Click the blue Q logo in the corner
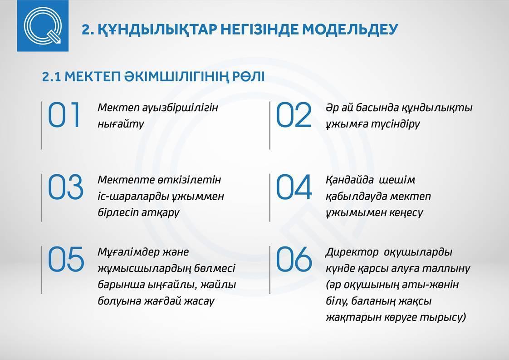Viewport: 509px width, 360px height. tap(43, 26)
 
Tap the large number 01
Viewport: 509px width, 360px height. tap(64, 115)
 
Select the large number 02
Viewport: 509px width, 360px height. tap(294, 115)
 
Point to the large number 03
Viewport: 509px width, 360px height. tap(66, 187)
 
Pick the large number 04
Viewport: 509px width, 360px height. tap(294, 187)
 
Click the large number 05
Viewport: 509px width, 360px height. tap(66, 259)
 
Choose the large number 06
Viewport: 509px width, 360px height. tap(294, 259)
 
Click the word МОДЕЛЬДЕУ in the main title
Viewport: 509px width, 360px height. tap(350, 29)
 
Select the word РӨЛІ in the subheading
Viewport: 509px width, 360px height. tap(248, 77)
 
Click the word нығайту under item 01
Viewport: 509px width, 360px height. tap(121, 124)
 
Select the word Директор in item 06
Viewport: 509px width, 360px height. tap(352, 252)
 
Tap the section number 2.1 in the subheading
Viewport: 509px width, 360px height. tap(51, 77)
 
